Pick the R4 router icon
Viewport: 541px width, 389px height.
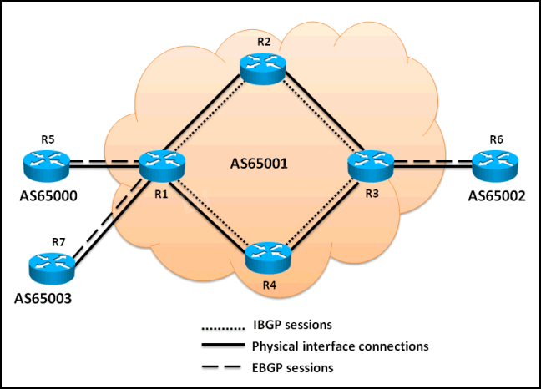pyautogui.click(x=268, y=255)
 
